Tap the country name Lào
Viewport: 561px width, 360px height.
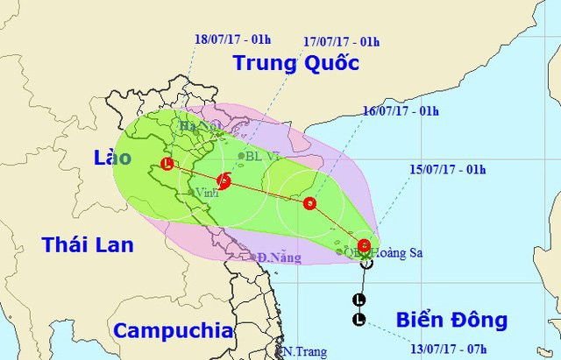coord(113,158)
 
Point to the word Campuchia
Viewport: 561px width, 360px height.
coord(174,331)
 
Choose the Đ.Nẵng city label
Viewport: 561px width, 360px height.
coord(280,258)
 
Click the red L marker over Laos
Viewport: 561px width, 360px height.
coord(167,163)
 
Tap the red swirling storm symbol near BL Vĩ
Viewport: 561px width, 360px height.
coord(224,181)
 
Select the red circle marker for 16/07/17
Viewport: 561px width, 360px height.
coord(309,203)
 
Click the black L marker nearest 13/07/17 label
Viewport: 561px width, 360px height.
coord(359,320)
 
